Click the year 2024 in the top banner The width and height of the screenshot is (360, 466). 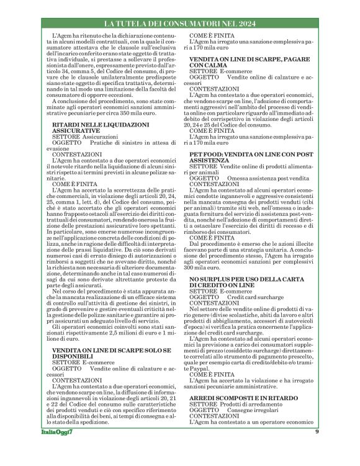(242, 24)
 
